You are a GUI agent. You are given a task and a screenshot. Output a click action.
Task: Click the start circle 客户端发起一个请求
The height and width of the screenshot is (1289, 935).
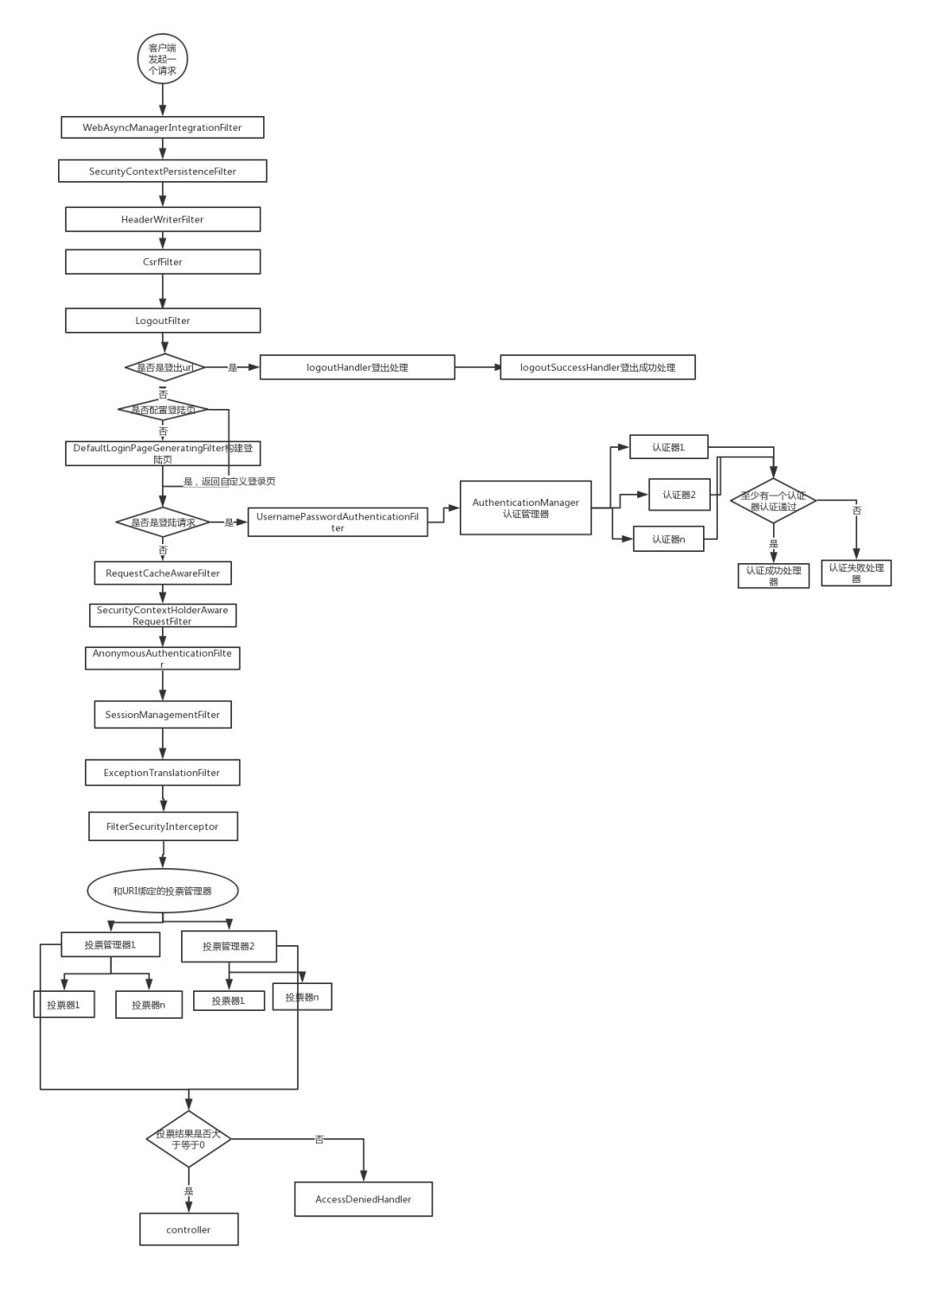(x=162, y=59)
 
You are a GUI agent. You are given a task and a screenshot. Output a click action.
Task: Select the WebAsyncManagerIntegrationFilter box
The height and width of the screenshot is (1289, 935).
(x=162, y=127)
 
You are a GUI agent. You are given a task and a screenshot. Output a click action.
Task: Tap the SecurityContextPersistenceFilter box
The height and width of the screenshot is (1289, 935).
(x=162, y=171)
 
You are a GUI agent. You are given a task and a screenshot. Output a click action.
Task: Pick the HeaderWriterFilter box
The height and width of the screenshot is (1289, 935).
(x=162, y=219)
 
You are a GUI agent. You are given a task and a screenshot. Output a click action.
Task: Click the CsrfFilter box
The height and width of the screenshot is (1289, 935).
(x=162, y=262)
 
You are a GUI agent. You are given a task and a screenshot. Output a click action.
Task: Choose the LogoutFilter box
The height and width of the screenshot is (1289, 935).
(x=162, y=321)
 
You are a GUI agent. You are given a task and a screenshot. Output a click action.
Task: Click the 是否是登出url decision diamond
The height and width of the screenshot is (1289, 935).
(x=164, y=367)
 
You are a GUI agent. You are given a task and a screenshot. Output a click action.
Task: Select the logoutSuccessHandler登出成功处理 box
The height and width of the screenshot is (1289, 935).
(x=597, y=367)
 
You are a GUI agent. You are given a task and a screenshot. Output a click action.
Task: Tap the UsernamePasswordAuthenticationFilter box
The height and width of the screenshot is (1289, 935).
(x=338, y=521)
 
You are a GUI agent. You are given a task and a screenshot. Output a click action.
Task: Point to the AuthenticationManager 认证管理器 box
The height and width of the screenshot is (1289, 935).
(x=526, y=508)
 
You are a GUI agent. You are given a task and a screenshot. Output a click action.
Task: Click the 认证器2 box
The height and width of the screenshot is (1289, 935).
(x=679, y=495)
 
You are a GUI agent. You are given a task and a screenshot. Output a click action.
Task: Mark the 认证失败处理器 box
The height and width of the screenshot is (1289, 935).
(x=855, y=573)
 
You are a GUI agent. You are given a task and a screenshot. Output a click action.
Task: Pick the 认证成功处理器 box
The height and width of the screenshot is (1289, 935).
(x=773, y=575)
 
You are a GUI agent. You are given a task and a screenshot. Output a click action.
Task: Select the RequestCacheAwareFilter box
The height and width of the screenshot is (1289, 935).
(x=163, y=573)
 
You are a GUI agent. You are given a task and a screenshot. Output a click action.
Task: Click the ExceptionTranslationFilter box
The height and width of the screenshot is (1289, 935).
(x=162, y=773)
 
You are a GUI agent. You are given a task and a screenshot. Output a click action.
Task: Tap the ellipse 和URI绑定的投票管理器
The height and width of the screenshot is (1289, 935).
(x=162, y=891)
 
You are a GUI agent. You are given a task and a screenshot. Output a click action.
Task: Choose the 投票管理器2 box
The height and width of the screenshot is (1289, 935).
(x=229, y=946)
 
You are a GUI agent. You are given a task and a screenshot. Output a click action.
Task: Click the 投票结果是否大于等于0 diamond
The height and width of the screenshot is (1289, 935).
(x=188, y=1139)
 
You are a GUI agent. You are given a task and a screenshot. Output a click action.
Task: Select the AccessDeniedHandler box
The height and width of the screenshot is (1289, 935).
(x=363, y=1199)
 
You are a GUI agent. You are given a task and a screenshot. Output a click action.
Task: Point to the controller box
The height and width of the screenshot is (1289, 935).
(x=189, y=1229)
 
